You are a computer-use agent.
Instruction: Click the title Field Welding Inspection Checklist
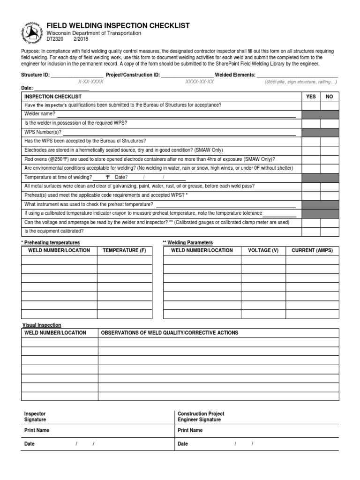pyautogui.click(x=118, y=26)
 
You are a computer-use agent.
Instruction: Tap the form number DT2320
pyautogui.click(x=54, y=39)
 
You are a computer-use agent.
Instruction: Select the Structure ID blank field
pyautogui.click(x=77, y=75)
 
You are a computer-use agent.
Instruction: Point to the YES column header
pyautogui.click(x=311, y=96)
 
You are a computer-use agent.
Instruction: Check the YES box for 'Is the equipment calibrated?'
pyautogui.click(x=311, y=231)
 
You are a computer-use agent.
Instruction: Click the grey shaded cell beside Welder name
pyautogui.click(x=320, y=114)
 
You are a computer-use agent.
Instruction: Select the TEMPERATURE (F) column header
pyautogui.click(x=124, y=250)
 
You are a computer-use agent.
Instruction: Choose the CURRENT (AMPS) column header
pyautogui.click(x=312, y=250)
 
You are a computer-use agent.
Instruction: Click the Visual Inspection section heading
pyautogui.click(x=42, y=325)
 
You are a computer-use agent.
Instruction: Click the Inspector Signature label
pyautogui.click(x=35, y=417)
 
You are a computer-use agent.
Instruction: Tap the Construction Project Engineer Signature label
pyautogui.click(x=201, y=417)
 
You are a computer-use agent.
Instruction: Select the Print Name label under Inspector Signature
pyautogui.click(x=37, y=430)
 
